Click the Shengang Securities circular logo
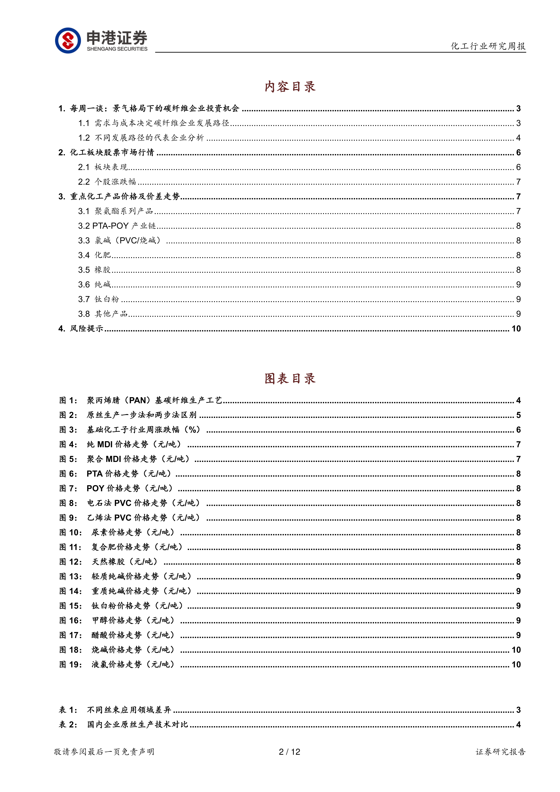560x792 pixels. (x=68, y=40)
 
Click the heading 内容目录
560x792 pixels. (x=290, y=86)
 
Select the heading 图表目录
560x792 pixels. (x=290, y=378)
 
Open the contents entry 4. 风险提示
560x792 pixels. (x=81, y=328)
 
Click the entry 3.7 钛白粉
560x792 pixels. (x=99, y=299)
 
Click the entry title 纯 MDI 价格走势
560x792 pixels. (x=117, y=444)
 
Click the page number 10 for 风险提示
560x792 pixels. (x=516, y=328)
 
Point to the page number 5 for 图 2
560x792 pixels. (x=518, y=415)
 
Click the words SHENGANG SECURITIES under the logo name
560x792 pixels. (x=117, y=49)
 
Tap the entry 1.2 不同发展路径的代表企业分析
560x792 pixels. (x=141, y=138)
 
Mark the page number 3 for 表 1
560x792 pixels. (x=518, y=710)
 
